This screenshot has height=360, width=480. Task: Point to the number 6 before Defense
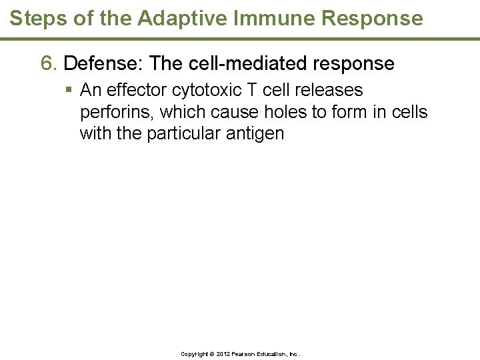tap(47, 64)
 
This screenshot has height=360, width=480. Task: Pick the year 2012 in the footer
tap(223, 354)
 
